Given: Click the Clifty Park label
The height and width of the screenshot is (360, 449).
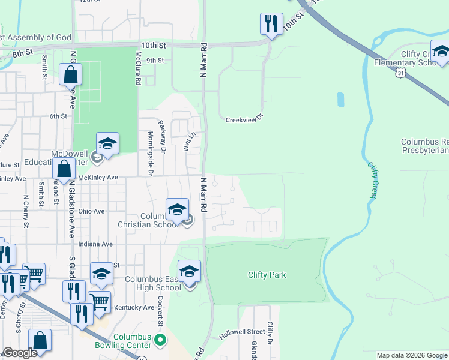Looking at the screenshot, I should [x=267, y=275].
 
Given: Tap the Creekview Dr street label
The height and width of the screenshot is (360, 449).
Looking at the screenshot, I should [x=244, y=119].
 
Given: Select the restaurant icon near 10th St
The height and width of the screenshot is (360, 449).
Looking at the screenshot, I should [x=271, y=24].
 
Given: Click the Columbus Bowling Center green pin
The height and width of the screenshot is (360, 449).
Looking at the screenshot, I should [x=160, y=340].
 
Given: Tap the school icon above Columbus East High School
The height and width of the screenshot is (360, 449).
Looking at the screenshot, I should [x=189, y=271].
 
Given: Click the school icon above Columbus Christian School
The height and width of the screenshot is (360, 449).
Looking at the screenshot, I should [x=177, y=209].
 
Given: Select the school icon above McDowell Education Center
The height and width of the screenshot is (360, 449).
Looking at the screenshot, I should [x=107, y=144].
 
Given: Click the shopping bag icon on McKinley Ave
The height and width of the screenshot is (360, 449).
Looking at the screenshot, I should [x=64, y=170].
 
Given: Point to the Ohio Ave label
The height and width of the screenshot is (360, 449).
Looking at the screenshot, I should [x=91, y=211].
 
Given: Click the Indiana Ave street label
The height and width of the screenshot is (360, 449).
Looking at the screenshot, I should [x=95, y=244].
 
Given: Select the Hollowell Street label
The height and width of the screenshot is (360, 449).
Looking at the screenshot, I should [x=242, y=331].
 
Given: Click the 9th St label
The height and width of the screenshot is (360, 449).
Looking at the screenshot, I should [x=155, y=60].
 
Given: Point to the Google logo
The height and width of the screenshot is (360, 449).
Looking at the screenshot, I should [x=20, y=353].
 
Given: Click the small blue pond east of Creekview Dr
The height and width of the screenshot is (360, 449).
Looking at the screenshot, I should [x=341, y=100].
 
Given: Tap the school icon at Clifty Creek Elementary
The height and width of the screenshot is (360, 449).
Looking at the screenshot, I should [x=441, y=52].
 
